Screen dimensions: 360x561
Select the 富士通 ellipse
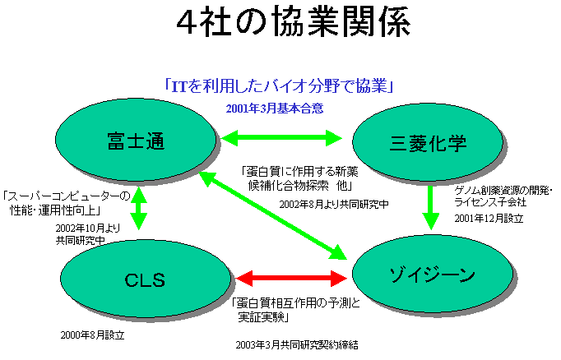point(137,141)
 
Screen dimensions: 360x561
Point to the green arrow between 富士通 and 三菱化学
point(281,135)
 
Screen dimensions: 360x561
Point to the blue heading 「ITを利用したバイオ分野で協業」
point(280,85)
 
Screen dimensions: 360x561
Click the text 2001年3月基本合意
point(275,108)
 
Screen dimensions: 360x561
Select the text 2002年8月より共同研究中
point(333,202)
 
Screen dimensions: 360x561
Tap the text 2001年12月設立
point(489,219)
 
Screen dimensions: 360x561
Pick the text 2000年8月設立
point(92,335)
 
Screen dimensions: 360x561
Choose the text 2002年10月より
point(88,228)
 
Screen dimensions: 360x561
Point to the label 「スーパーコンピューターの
point(67,196)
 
